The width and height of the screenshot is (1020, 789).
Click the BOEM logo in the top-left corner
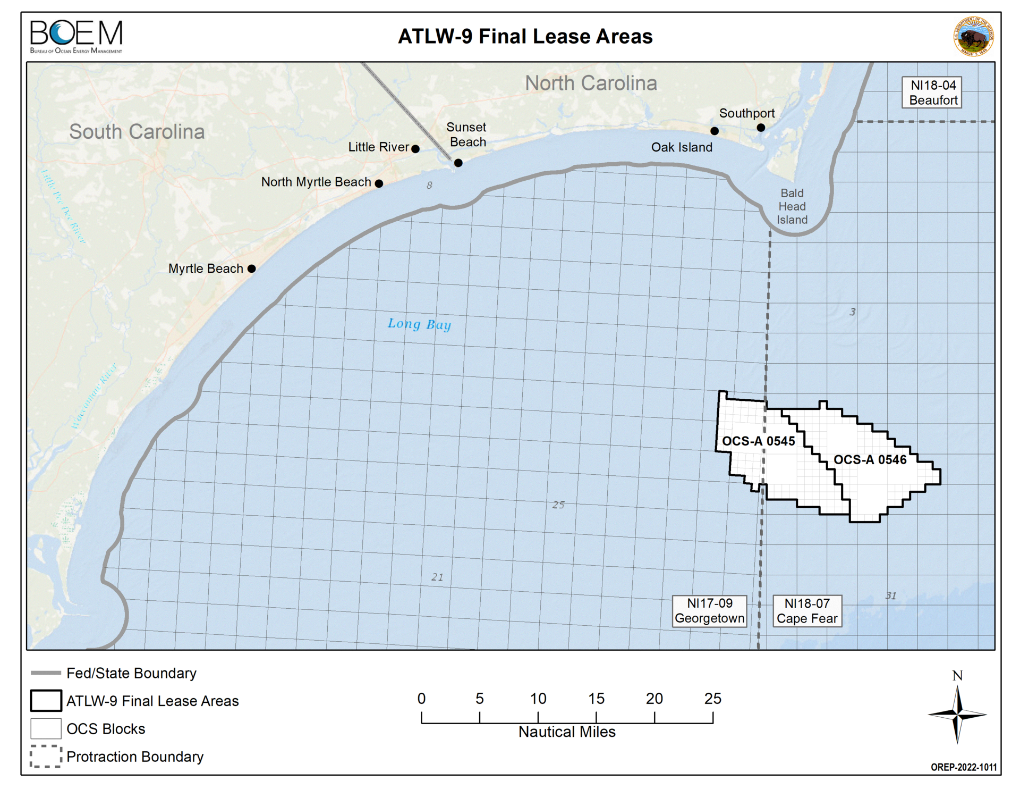tap(76, 36)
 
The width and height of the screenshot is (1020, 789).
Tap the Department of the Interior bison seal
tap(973, 36)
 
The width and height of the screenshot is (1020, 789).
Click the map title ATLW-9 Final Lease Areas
tap(525, 37)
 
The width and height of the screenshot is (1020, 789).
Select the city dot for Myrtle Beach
tap(252, 268)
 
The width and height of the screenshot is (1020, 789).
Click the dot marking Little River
tap(415, 149)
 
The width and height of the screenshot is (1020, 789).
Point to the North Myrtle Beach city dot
tap(379, 183)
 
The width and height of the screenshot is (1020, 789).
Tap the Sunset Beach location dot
tap(458, 163)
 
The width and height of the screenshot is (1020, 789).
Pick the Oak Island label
tap(682, 147)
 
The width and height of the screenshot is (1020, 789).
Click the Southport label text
tap(746, 113)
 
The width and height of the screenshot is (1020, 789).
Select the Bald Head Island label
tap(792, 206)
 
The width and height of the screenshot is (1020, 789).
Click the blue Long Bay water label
tap(419, 324)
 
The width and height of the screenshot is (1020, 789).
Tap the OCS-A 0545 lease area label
tap(758, 441)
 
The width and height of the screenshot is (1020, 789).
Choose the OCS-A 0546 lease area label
tap(870, 459)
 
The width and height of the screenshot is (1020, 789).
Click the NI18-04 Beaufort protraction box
tap(932, 93)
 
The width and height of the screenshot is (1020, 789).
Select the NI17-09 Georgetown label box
tap(709, 611)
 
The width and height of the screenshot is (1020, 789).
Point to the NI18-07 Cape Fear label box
tap(806, 611)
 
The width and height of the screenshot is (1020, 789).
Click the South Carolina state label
tap(137, 131)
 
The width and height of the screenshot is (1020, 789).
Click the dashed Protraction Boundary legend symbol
tap(46, 756)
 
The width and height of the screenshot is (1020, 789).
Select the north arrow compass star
tap(957, 715)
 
